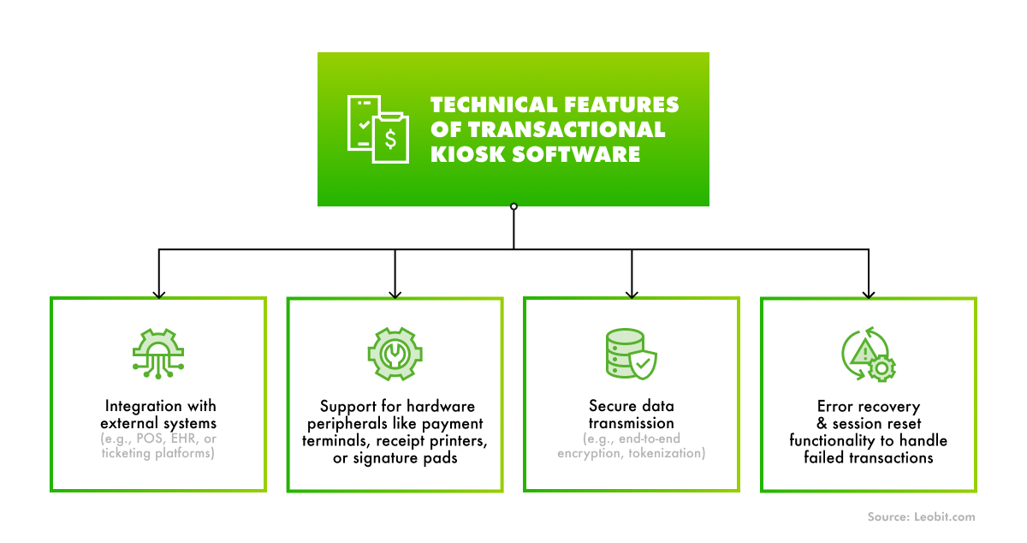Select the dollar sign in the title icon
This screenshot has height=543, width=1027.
390,138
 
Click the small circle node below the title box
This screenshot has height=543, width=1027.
513,206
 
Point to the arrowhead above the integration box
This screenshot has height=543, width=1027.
158,292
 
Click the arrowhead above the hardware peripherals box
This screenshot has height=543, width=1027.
395,292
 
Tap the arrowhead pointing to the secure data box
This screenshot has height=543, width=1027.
632,292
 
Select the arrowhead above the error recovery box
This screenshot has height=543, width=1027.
868,292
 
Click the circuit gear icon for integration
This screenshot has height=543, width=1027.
158,352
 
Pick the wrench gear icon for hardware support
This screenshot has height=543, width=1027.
395,352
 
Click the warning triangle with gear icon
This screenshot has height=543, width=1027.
868,352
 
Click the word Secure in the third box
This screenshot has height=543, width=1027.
611,406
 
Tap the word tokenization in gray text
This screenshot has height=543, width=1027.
662,454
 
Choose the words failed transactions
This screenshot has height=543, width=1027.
868,458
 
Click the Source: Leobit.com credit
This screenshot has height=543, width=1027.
919,516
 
